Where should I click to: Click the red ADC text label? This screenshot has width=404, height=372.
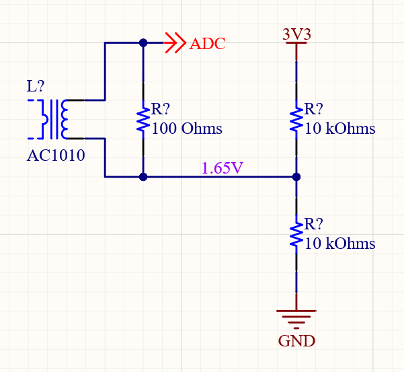(207, 44)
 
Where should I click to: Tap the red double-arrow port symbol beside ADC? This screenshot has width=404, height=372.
(175, 43)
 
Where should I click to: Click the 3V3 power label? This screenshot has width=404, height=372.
(296, 34)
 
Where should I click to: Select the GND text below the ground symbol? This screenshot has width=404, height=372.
(296, 341)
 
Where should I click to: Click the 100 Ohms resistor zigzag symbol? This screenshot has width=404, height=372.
(143, 119)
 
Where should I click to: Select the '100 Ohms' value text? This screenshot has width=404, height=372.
(187, 128)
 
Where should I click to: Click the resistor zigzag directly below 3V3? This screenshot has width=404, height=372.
(296, 119)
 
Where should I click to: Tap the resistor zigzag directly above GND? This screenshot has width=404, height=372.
(296, 234)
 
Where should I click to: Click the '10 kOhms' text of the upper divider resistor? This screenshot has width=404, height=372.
(339, 128)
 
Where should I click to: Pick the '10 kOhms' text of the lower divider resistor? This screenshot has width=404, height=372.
(339, 244)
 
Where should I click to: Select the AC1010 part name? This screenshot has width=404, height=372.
(56, 157)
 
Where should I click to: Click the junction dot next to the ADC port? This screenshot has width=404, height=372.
(143, 42)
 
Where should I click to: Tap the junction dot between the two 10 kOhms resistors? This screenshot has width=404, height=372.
(296, 178)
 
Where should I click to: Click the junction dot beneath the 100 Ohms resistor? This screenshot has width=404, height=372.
(143, 178)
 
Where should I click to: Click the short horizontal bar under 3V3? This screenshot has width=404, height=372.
(296, 44)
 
